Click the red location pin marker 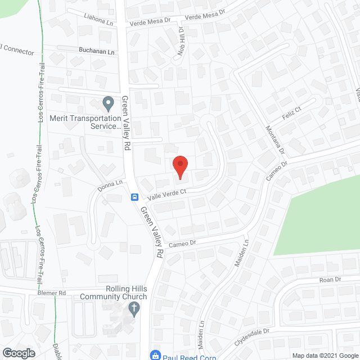179,167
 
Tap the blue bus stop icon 136,197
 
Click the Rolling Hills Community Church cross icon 133,308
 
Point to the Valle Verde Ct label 166,194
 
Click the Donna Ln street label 110,186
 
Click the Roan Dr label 330,280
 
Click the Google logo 19,353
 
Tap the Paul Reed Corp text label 182,355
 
